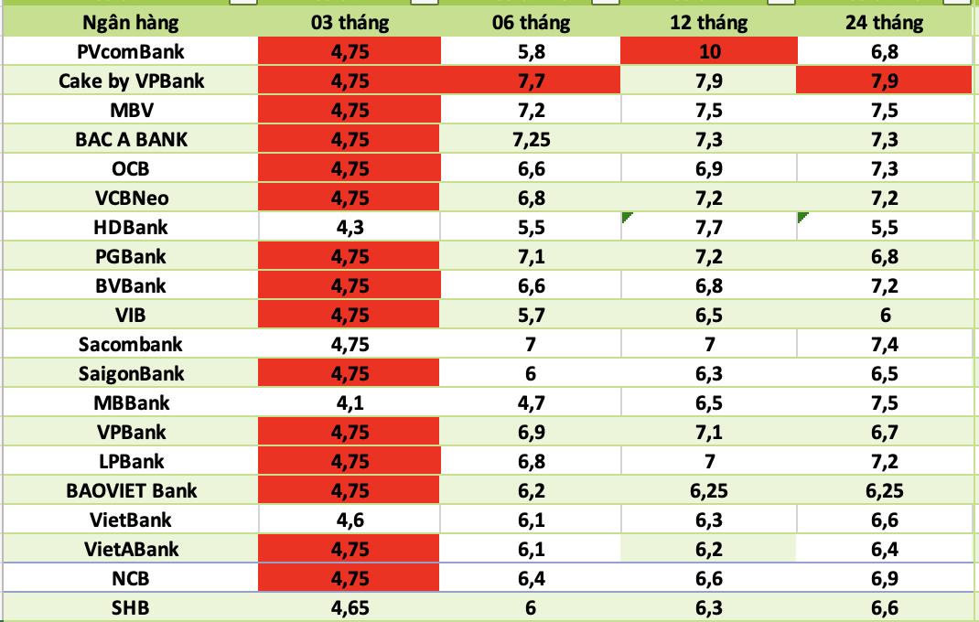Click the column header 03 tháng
click(x=351, y=22)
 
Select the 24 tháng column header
click(x=884, y=22)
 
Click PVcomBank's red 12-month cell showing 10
click(x=709, y=52)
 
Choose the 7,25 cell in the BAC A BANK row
click(x=532, y=140)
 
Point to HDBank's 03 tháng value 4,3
click(x=351, y=228)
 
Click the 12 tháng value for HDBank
click(x=709, y=228)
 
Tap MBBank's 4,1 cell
click(x=351, y=403)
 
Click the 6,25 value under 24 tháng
click(x=884, y=491)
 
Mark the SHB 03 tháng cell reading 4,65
click(x=351, y=608)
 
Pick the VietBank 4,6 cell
click(x=351, y=520)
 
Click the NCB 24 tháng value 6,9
click(x=884, y=579)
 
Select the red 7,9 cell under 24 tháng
click(x=884, y=81)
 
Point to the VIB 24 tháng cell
click(x=884, y=316)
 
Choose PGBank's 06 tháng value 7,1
click(x=532, y=257)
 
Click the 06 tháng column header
click(x=532, y=22)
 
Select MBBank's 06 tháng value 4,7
click(x=532, y=403)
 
